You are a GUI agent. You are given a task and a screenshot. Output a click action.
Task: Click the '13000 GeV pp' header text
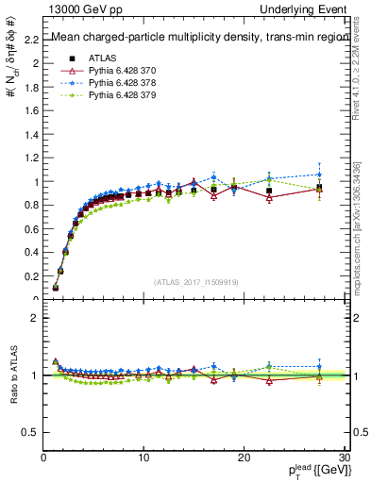pos(76,8)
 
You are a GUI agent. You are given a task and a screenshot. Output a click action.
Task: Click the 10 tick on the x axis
pos(143,458)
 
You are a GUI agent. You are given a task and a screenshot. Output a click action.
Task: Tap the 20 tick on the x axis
pos(244,458)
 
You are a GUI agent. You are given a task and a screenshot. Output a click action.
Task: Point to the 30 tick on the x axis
pos(344,458)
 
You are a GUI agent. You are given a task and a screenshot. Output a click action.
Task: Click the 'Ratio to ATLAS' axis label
pos(11,375)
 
